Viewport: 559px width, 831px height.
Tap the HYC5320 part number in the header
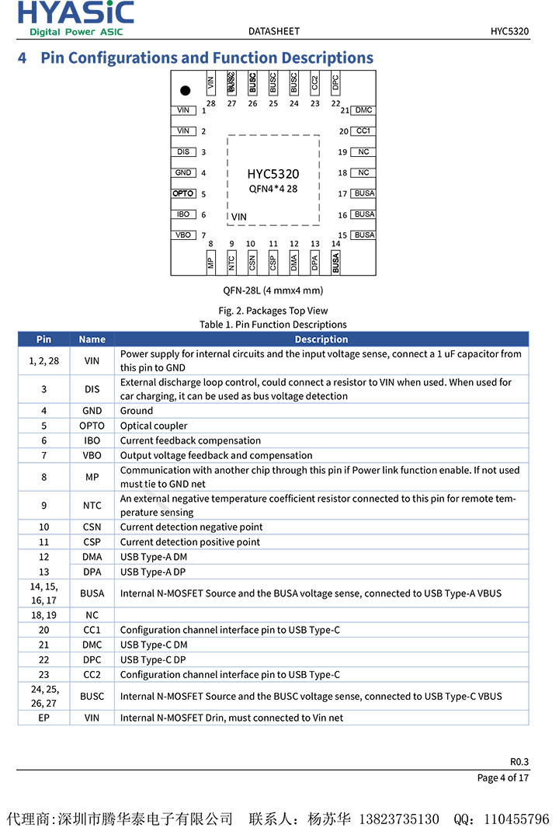click(x=509, y=31)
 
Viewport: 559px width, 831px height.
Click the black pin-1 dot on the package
click(x=185, y=90)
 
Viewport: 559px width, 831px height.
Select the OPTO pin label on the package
click(x=183, y=193)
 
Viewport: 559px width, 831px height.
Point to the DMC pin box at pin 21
click(x=363, y=110)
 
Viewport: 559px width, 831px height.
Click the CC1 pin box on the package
click(x=363, y=131)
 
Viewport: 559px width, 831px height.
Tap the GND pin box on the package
click(x=183, y=172)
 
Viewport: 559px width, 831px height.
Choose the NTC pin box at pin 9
click(x=231, y=263)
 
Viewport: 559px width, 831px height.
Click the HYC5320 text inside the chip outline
click(x=273, y=174)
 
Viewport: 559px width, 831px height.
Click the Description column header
click(x=321, y=339)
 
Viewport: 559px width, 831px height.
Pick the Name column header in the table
click(x=92, y=339)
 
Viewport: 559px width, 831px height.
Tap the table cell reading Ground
click(x=137, y=411)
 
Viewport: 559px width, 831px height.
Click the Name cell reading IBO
click(x=92, y=440)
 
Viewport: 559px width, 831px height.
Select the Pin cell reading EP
click(x=43, y=718)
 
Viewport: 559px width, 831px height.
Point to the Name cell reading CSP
click(x=92, y=542)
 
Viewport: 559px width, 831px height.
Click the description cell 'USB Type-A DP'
click(x=153, y=572)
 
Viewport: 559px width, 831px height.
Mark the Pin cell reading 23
click(x=43, y=675)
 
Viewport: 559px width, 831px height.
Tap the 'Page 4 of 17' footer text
click(x=502, y=777)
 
